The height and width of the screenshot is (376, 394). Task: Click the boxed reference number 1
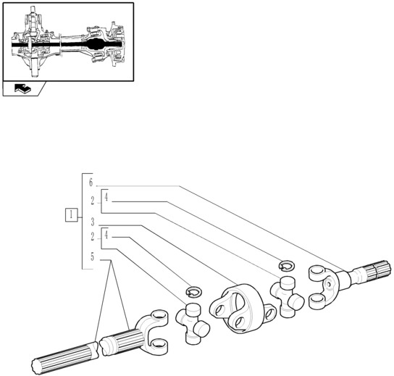(x=72, y=214)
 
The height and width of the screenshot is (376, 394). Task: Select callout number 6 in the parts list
(x=91, y=183)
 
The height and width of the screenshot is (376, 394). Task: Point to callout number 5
(x=92, y=256)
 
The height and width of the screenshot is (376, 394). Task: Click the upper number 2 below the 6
(x=92, y=201)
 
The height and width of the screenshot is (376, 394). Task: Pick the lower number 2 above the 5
(x=92, y=238)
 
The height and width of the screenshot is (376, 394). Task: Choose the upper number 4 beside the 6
(x=106, y=197)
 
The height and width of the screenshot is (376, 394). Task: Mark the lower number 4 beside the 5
(x=106, y=234)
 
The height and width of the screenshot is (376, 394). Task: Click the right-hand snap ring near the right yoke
(x=285, y=265)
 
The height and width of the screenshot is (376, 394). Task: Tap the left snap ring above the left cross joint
(x=193, y=291)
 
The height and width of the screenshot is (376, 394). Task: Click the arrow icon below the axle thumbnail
(x=23, y=89)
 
